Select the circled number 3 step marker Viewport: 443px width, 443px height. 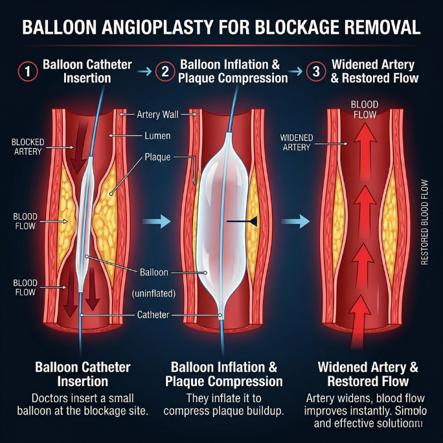pos(315,71)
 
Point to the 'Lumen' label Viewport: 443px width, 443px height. pos(157,136)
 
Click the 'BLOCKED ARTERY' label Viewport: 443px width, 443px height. pos(27,146)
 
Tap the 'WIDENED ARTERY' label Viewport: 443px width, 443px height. pos(297,142)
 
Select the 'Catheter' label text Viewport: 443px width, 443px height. pos(153,315)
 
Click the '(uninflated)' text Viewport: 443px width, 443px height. pos(154,293)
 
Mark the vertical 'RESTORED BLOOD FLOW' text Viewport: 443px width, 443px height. pos(425,214)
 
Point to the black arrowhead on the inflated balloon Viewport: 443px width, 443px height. pos(253,221)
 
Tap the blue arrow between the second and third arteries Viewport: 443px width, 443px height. pos(295,221)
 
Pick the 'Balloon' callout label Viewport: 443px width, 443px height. pos(154,272)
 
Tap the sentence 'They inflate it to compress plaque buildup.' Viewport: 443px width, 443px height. pos(224,405)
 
